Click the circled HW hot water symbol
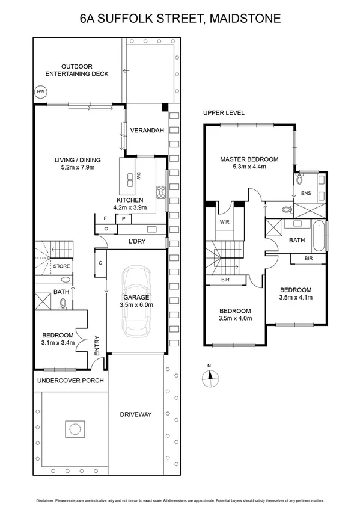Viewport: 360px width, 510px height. [x=41, y=92]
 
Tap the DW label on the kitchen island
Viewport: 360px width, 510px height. [x=138, y=177]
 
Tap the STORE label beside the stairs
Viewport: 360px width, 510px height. [x=61, y=266]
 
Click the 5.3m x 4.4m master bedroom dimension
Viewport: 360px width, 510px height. [x=249, y=167]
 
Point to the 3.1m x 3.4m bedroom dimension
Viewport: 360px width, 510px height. [x=57, y=343]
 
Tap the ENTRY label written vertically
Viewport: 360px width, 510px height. [x=97, y=345]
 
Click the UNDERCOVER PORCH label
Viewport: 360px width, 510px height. [x=70, y=381]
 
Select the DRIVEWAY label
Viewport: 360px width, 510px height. [x=135, y=414]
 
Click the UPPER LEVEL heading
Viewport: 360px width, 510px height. [x=224, y=113]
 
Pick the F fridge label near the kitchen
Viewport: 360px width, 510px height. [x=105, y=219]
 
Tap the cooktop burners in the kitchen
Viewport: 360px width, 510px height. [x=160, y=192]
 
